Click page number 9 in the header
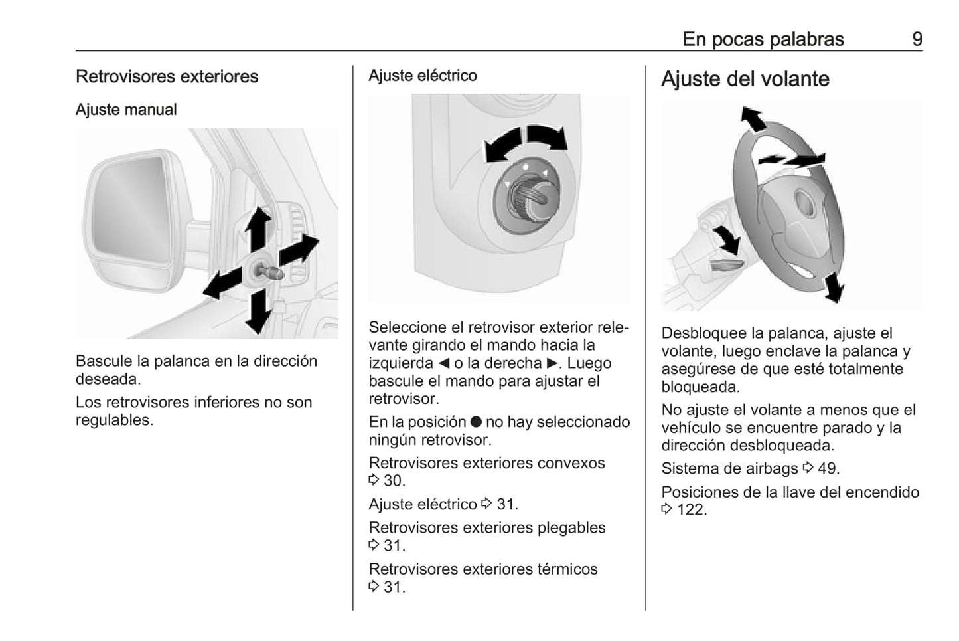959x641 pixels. (x=917, y=39)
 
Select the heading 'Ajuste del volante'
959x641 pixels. (x=745, y=79)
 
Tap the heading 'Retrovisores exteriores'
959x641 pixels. (x=167, y=76)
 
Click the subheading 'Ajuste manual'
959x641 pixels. (x=126, y=110)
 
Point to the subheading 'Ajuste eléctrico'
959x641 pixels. (x=422, y=76)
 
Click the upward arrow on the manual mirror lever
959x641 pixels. (x=258, y=226)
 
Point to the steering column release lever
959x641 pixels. (x=726, y=264)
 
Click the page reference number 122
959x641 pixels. (x=692, y=510)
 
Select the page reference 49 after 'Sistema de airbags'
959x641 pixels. (x=827, y=468)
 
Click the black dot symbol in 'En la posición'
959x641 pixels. (x=476, y=422)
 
